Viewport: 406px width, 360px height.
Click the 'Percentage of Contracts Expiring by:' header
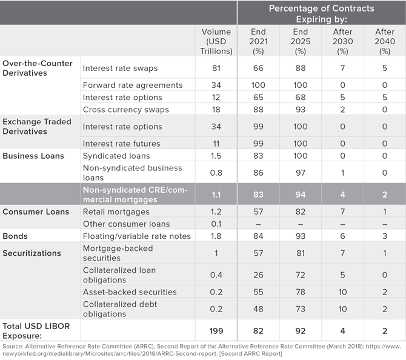click(x=321, y=14)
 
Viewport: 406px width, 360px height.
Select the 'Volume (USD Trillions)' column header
click(x=216, y=41)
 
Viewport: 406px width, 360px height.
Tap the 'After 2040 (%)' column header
click(x=385, y=41)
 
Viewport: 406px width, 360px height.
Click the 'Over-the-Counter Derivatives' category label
click(x=38, y=68)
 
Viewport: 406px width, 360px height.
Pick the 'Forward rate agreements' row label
click(x=133, y=85)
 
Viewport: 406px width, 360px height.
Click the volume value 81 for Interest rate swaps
click(x=216, y=68)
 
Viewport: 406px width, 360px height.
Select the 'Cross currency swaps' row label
click(x=126, y=110)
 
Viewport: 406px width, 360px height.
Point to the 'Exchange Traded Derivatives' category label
click(x=37, y=127)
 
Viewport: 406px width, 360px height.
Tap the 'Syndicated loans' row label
click(x=116, y=156)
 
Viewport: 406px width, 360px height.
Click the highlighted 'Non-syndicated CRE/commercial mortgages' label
click(x=135, y=195)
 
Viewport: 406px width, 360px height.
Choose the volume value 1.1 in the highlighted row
click(x=216, y=195)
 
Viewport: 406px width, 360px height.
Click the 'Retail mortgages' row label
click(x=116, y=212)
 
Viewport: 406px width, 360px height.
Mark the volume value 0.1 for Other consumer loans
click(x=216, y=224)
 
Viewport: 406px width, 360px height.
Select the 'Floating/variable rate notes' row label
click(x=137, y=236)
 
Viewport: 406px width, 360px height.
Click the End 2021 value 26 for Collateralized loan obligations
click(x=258, y=275)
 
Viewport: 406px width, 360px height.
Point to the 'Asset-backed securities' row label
click(x=130, y=292)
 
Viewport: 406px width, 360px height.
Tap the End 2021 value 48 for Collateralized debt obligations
click(x=258, y=309)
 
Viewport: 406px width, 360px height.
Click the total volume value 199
click(x=216, y=331)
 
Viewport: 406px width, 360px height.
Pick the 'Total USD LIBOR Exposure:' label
click(x=36, y=331)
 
